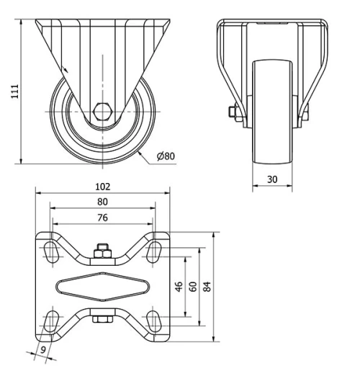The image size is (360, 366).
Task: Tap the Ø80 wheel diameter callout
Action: pyautogui.click(x=165, y=155)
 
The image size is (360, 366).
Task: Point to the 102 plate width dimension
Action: pyautogui.click(x=102, y=186)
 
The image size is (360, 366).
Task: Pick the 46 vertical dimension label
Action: pyautogui.click(x=179, y=285)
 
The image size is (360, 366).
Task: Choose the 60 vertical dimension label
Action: pyautogui.click(x=192, y=285)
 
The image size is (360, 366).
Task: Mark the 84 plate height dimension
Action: pyautogui.click(x=207, y=285)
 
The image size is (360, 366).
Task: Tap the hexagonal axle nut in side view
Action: pyautogui.click(x=101, y=112)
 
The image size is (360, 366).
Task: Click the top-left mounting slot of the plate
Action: pyautogui.click(x=53, y=250)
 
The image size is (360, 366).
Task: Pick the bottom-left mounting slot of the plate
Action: pyautogui.click(x=53, y=320)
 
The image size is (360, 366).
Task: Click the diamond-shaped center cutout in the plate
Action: pyautogui.click(x=102, y=285)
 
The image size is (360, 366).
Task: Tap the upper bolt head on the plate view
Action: pyautogui.click(x=102, y=250)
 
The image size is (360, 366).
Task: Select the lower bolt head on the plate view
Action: pyautogui.click(x=102, y=319)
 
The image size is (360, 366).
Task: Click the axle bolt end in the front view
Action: pyautogui.click(x=234, y=112)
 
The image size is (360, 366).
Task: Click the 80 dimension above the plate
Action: pyautogui.click(x=102, y=202)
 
